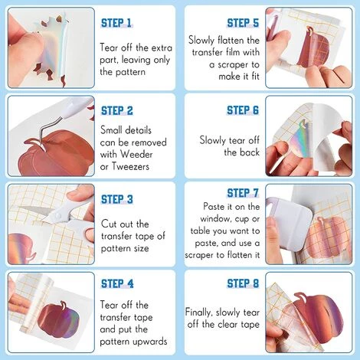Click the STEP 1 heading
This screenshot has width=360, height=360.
pyautogui.click(x=116, y=23)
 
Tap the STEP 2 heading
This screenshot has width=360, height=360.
pyautogui.click(x=117, y=111)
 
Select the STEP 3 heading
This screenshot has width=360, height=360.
pyautogui.click(x=117, y=199)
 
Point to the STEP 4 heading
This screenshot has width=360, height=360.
pyautogui.click(x=117, y=283)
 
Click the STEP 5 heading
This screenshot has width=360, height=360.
pyautogui.click(x=243, y=23)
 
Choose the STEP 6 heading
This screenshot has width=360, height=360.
pyautogui.click(x=243, y=110)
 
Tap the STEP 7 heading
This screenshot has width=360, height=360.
pyautogui.click(x=243, y=193)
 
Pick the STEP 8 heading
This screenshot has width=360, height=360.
pyautogui.click(x=243, y=283)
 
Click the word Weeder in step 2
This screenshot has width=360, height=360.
pyautogui.click(x=136, y=155)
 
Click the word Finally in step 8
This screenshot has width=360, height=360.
pyautogui.click(x=198, y=313)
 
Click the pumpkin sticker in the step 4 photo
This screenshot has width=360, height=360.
pyautogui.click(x=59, y=319)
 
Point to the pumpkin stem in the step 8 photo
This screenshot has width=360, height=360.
pyautogui.click(x=301, y=297)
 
